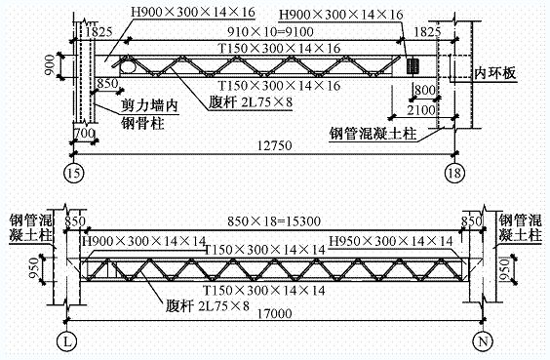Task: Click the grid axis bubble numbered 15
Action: coord(74,173)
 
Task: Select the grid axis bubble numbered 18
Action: coord(454,173)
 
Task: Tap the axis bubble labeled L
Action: coord(66,340)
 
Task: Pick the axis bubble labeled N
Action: coord(483,340)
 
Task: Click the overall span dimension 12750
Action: coord(275,145)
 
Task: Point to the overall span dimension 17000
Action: coord(275,313)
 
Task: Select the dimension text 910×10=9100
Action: coord(270,32)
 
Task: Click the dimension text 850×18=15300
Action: coord(274,221)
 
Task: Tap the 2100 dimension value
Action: coord(421,110)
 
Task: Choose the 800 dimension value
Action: coord(425,91)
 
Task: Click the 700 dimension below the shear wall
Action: coord(84,133)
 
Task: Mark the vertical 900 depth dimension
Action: coord(50,65)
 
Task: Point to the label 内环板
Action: coord(495,73)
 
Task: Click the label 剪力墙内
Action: coord(150,105)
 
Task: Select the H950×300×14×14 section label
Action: coord(391,241)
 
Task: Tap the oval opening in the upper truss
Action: coord(128,65)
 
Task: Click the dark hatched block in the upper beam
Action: coord(412,65)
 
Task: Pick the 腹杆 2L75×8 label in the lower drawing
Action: coord(208,305)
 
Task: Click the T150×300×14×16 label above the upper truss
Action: coord(279,49)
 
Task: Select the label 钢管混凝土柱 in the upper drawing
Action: coord(373,134)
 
